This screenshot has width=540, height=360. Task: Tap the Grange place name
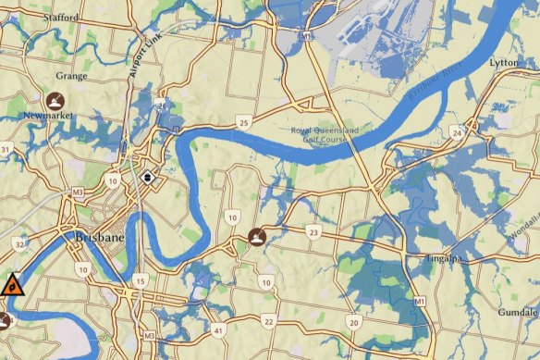(71, 76)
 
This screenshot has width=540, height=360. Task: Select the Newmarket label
(45, 116)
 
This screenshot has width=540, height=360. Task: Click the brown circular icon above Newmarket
(55, 100)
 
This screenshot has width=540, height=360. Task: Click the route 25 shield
(243, 121)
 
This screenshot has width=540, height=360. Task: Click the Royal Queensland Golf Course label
(337, 137)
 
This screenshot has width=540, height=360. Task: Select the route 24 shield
(457, 133)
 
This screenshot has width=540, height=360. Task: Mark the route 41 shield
(218, 330)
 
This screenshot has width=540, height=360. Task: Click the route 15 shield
(141, 280)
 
